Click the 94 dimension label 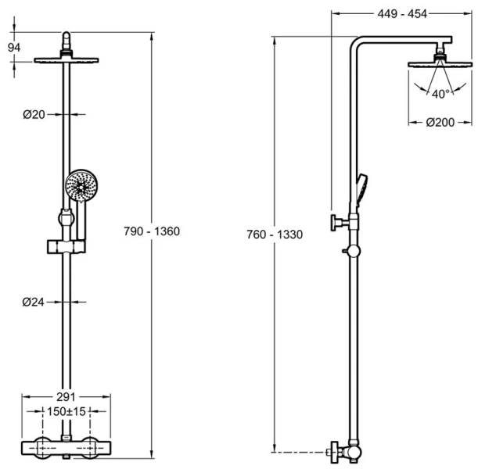(x=14, y=47)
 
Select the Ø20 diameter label (x=34, y=114)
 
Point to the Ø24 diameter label (x=34, y=301)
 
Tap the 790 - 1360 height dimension (x=153, y=231)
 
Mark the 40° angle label (x=440, y=94)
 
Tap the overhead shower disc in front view (x=69, y=59)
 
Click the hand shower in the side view (x=362, y=188)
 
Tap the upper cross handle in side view (x=336, y=224)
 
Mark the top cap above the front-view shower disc (x=69, y=39)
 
